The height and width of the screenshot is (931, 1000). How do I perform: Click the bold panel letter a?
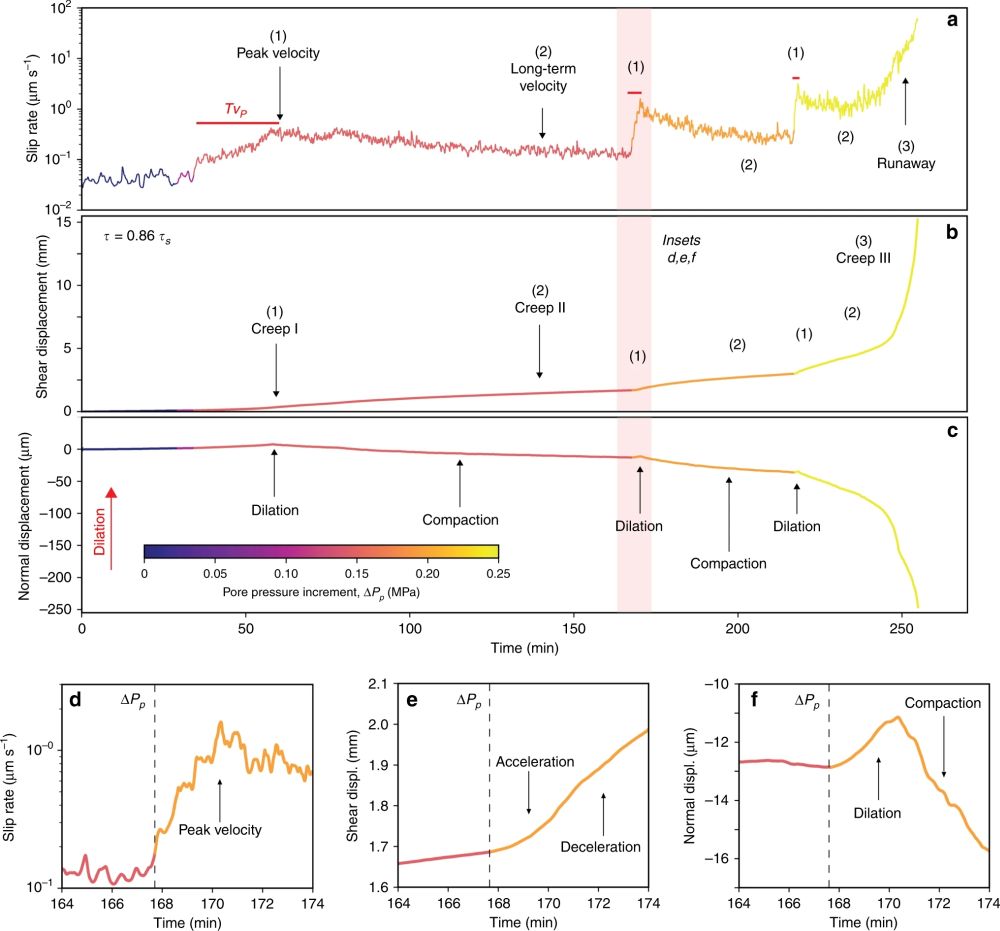(953, 20)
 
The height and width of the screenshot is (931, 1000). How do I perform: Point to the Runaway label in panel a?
(910, 165)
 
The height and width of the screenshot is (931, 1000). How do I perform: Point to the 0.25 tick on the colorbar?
(498, 574)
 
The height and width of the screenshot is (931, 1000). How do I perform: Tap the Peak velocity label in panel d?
(220, 829)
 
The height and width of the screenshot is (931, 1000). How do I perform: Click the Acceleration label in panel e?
(535, 762)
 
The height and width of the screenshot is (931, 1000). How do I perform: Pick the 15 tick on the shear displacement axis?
(64, 222)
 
